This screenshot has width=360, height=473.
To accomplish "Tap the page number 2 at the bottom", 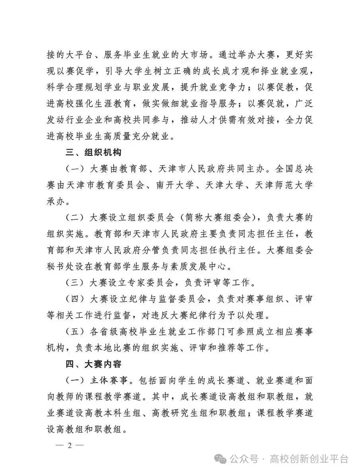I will pos(69,446).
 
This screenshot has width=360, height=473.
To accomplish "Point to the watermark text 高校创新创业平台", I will pos(309,459).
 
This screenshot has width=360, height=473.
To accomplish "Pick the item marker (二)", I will pos(76,218).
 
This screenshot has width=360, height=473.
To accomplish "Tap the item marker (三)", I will pos(76,283).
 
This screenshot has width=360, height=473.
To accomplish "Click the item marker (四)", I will pos(76,299).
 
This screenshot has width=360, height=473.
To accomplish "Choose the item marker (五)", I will pos(76,332).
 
